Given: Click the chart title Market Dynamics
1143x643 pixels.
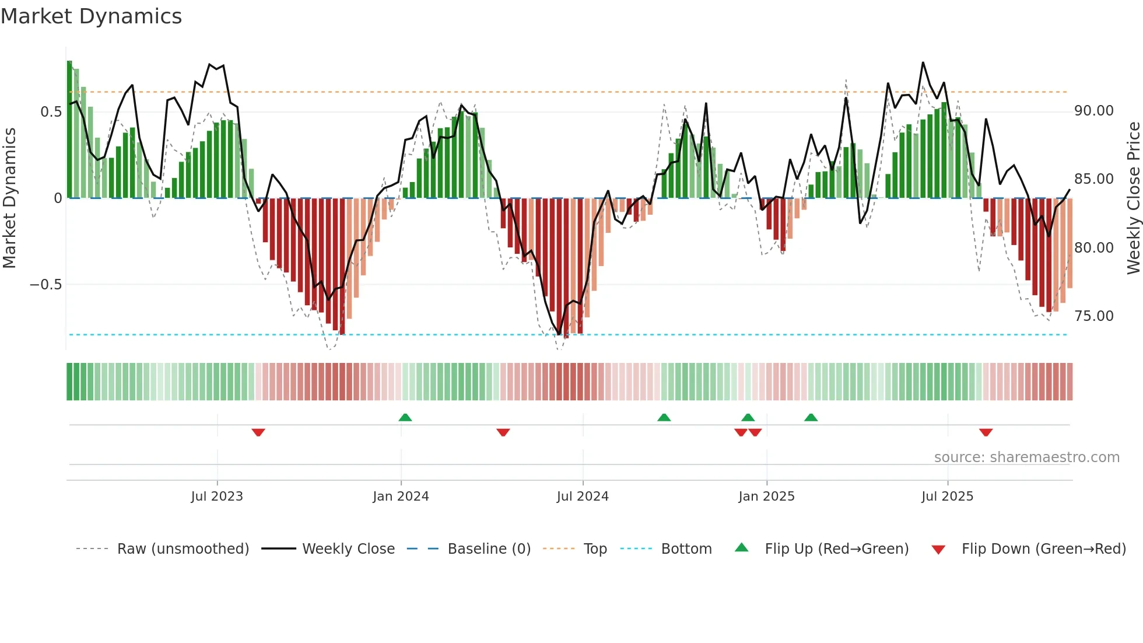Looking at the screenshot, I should pyautogui.click(x=92, y=16).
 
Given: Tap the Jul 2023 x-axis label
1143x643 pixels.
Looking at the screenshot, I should pyautogui.click(x=217, y=497).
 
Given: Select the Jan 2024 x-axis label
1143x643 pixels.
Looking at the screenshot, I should pyautogui.click(x=401, y=497).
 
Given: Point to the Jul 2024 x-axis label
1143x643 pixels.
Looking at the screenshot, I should pyautogui.click(x=583, y=497).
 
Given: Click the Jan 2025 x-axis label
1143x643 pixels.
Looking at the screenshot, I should pyautogui.click(x=766, y=497).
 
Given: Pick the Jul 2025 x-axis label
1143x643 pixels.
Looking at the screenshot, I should pyautogui.click(x=948, y=497).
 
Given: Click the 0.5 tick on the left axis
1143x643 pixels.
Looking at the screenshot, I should pyautogui.click(x=51, y=112).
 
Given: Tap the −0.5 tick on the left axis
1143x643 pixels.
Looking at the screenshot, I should pyautogui.click(x=45, y=285).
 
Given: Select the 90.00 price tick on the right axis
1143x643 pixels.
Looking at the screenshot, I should pyautogui.click(x=1094, y=111).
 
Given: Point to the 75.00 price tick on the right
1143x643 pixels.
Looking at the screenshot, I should pyautogui.click(x=1094, y=316).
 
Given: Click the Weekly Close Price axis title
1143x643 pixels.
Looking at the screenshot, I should pyautogui.click(x=1133, y=198).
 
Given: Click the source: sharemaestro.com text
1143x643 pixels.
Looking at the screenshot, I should pyautogui.click(x=1026, y=457).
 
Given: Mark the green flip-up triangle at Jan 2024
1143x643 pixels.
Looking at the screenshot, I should pyautogui.click(x=405, y=417).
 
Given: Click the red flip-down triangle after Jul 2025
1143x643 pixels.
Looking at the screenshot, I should pyautogui.click(x=986, y=432).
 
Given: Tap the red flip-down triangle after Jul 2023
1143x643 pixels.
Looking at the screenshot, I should pyautogui.click(x=258, y=432).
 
